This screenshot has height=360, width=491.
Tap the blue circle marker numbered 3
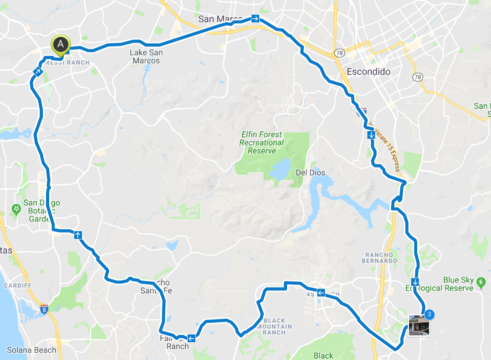tap(429, 314)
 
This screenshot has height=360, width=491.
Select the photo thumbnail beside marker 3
tap(419, 325)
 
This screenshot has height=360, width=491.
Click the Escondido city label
tap(368, 72)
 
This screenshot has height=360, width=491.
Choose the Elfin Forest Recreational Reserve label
tap(261, 142)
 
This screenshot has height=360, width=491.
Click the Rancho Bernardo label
tap(381, 258)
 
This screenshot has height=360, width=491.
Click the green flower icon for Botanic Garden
tap(17, 209)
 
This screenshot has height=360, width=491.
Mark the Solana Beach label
tap(32, 350)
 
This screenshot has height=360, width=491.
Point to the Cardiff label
tap(17, 285)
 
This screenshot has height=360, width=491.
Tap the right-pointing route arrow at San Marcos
tap(255, 19)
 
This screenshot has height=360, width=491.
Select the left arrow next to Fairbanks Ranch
tap(191, 338)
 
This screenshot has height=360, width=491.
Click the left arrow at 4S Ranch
tap(321, 293)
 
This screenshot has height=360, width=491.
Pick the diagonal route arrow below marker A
tap(38, 71)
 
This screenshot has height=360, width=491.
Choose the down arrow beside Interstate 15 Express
tap(372, 135)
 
